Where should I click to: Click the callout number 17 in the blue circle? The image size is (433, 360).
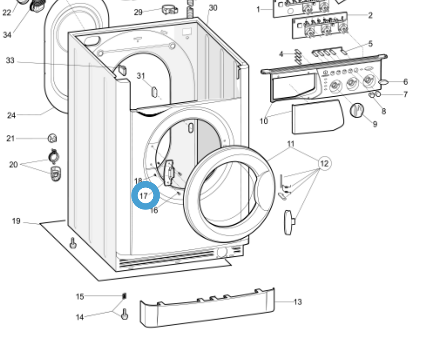coord(144,196)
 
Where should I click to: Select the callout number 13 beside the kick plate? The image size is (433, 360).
coord(297,302)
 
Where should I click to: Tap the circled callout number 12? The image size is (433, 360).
coord(324,163)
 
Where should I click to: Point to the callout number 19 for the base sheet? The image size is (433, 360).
coord(16,221)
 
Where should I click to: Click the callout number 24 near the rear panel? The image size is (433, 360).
coord(12,115)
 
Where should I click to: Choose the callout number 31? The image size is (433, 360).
coord(141,76)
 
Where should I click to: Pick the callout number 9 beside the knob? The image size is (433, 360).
coord(374,124)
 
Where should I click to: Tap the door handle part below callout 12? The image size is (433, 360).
coord(289,222)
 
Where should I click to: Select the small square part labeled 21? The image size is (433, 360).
coord(52,138)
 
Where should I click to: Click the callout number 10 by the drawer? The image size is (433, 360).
coord(264,121)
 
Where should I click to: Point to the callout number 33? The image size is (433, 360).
coord(10,60)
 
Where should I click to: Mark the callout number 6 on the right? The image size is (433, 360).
coord(405,82)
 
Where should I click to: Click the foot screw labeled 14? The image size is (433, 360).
coord(125,314)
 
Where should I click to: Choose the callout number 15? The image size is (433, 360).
coord(80,297)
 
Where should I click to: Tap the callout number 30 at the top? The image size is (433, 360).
coord(213,8)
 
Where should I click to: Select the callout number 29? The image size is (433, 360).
coord(138,12)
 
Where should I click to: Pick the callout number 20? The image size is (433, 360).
coord(13,164)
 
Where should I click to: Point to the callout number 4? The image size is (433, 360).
coord(281,54)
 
